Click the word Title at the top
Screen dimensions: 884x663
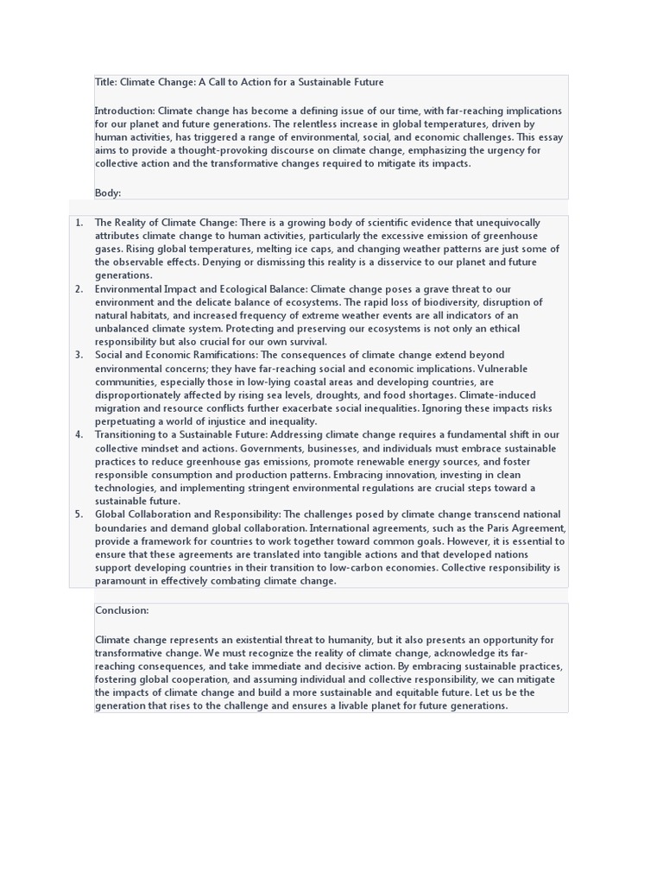pyautogui.click(x=105, y=82)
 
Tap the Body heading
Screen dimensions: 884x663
pyautogui.click(x=108, y=193)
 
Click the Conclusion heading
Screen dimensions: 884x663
pyautogui.click(x=122, y=610)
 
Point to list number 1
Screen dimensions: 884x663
pyautogui.click(x=79, y=223)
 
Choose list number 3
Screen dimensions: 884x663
pyautogui.click(x=79, y=355)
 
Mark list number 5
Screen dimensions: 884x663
pyautogui.click(x=79, y=515)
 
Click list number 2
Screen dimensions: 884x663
pyautogui.click(x=79, y=289)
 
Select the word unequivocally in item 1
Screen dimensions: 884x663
pyautogui.click(x=509, y=223)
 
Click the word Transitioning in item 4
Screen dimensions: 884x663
pyautogui.click(x=129, y=434)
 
